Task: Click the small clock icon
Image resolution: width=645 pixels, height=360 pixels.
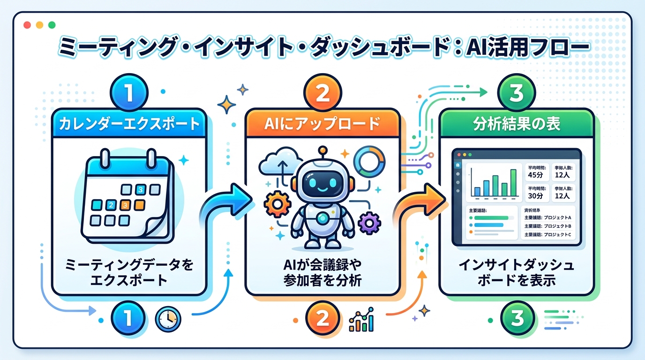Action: tap(167, 320)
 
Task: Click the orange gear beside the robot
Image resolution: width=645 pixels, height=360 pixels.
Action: tap(276, 205)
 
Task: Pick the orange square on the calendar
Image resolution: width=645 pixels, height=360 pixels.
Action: tap(125, 205)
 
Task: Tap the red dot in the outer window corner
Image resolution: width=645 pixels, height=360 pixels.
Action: tap(27, 25)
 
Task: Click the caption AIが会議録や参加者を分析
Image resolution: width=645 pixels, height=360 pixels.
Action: tap(322, 273)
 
